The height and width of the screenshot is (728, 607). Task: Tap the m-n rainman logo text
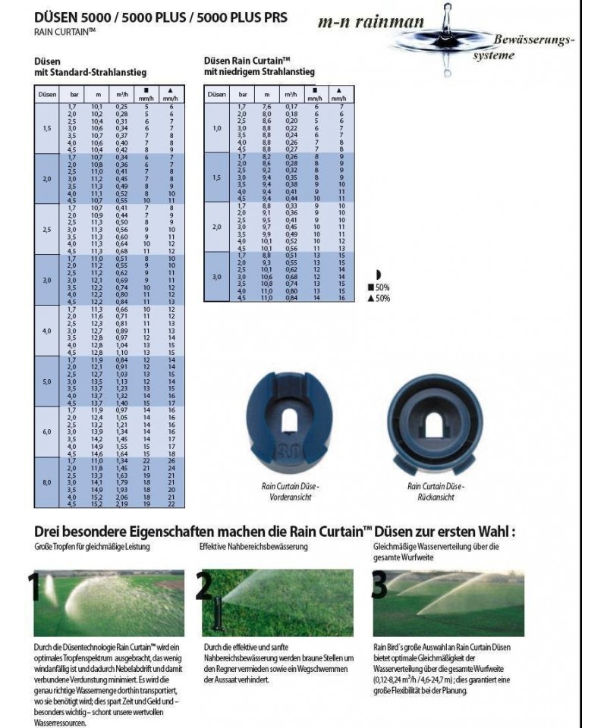(x=371, y=24)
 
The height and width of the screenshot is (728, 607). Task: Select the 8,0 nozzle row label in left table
(x=47, y=482)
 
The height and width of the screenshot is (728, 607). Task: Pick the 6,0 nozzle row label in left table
(x=47, y=431)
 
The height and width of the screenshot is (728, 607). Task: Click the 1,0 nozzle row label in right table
(x=217, y=128)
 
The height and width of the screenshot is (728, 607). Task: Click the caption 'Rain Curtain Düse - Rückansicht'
(x=436, y=491)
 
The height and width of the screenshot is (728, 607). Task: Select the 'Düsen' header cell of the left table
(x=46, y=95)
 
